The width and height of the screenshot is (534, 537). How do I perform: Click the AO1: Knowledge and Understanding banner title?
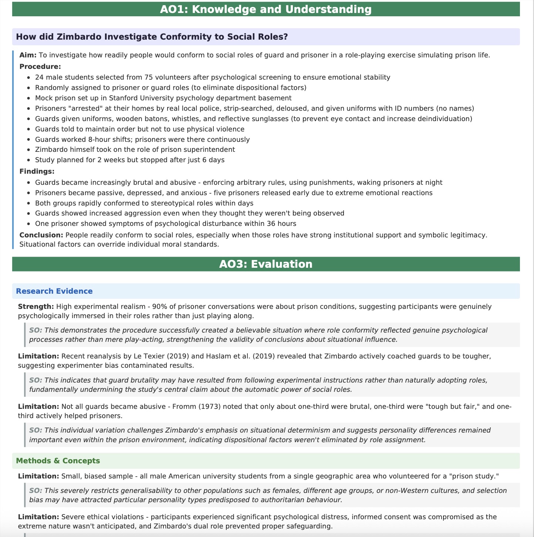click(x=266, y=9)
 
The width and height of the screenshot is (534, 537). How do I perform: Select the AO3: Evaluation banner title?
click(x=266, y=264)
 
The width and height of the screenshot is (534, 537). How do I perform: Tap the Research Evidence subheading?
click(x=54, y=291)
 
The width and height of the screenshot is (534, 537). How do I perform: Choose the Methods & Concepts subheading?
click(x=58, y=461)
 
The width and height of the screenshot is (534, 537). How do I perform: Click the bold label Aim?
click(x=28, y=55)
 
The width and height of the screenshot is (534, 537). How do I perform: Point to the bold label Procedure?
click(x=40, y=66)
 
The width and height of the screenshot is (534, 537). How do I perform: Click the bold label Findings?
click(x=37, y=171)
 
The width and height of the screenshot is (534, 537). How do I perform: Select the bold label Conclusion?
click(x=41, y=235)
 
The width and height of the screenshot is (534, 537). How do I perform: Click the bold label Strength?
click(x=36, y=307)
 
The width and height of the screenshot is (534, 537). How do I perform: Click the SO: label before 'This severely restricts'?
click(x=36, y=491)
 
